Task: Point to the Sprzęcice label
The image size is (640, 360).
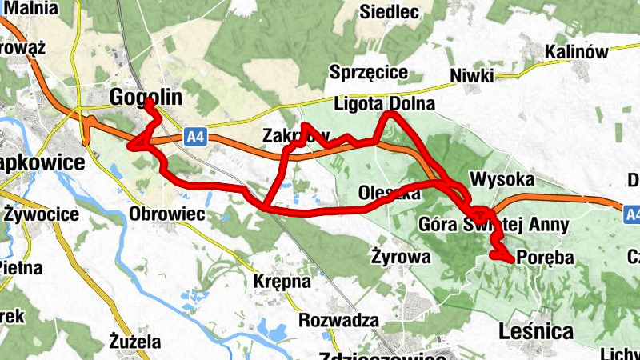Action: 369,73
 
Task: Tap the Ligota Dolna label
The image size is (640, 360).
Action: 384,104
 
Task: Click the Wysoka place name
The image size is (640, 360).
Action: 502,178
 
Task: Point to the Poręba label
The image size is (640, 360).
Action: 546,258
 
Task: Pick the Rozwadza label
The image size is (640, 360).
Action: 338,320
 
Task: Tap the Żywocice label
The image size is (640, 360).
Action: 41,214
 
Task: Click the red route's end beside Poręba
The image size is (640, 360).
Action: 510,258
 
